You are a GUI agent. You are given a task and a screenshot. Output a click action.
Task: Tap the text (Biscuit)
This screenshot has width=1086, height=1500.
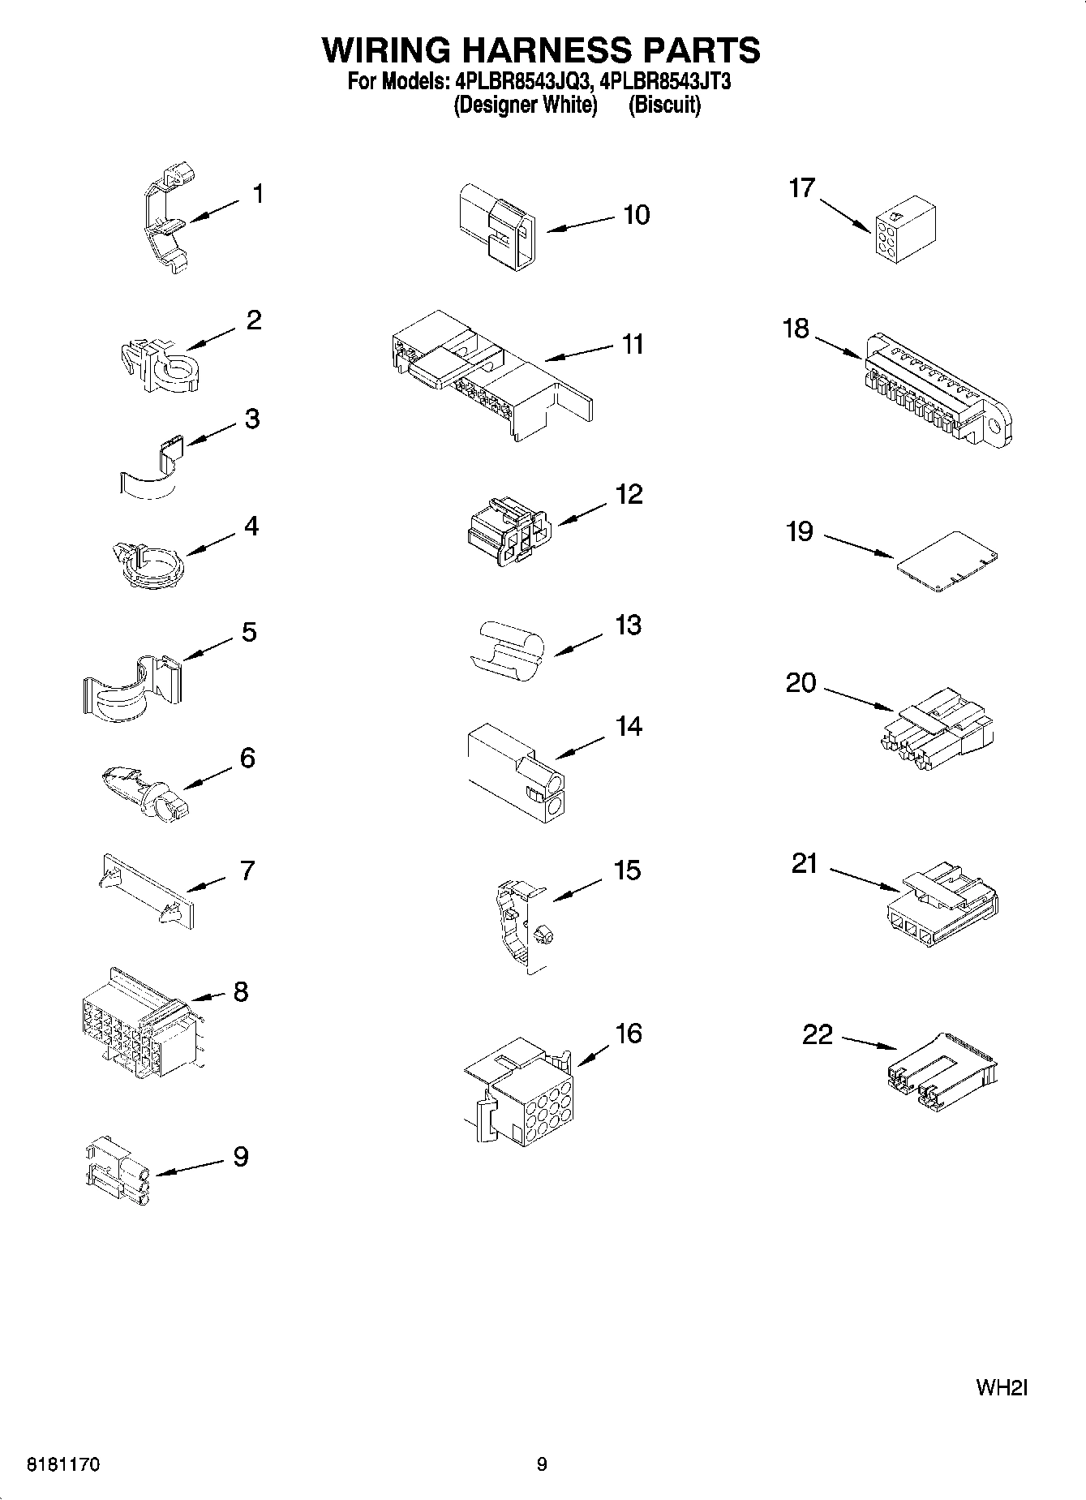664,105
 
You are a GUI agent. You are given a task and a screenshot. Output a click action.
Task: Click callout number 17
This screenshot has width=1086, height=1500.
801,188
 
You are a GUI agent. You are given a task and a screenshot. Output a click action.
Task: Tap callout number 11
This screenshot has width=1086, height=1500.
633,344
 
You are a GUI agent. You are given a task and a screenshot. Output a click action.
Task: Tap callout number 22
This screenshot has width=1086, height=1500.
817,1034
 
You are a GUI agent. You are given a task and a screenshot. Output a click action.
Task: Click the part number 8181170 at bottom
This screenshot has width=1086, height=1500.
64,1465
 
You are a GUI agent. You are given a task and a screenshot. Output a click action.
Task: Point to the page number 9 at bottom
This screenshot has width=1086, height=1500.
542,1464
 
